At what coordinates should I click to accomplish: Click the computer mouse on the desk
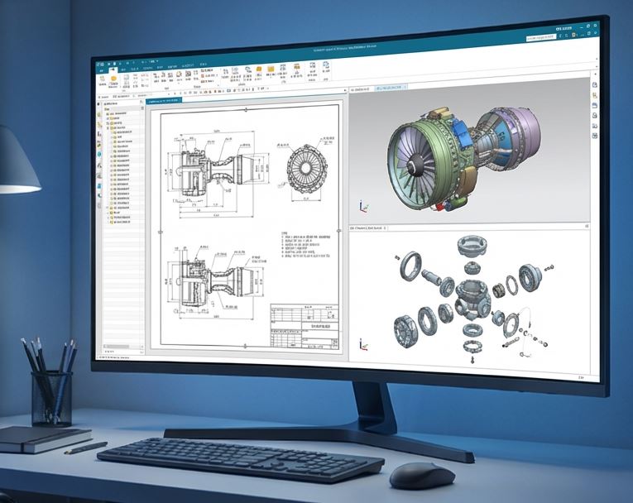click(x=421, y=475)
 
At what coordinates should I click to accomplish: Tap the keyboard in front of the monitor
click(x=240, y=459)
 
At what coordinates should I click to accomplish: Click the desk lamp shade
click(x=14, y=165)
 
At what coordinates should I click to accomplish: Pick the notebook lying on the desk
click(x=41, y=438)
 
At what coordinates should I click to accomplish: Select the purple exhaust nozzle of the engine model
click(x=521, y=132)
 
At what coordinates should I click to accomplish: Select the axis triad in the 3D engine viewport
click(x=362, y=206)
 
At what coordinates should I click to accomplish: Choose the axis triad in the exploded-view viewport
click(x=362, y=343)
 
